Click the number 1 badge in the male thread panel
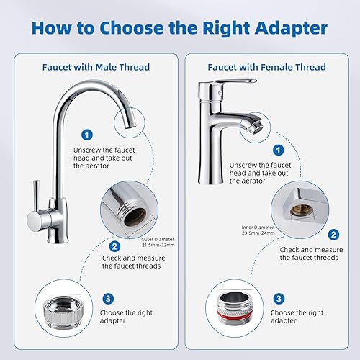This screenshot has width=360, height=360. [87, 135]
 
